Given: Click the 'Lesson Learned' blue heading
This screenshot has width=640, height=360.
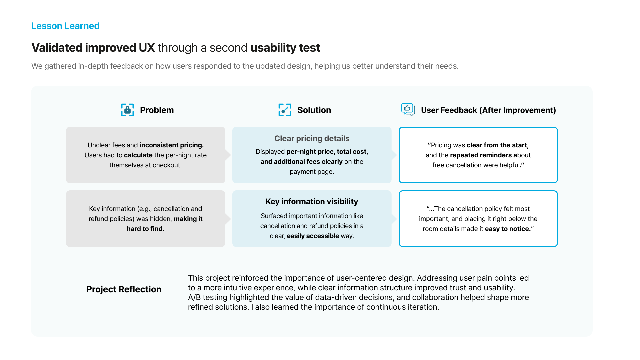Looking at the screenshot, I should [x=65, y=26].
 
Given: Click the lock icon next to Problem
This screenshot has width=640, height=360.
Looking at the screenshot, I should [x=127, y=110].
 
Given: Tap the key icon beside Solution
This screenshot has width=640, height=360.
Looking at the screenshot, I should [x=285, y=110].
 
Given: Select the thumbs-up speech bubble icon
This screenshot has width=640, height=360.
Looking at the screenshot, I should [x=408, y=109].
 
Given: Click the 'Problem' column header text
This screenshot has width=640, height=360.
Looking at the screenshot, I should [x=157, y=110].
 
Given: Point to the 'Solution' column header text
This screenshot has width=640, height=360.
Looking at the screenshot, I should [x=314, y=110].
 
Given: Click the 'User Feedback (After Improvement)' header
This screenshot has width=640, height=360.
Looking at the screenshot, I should [x=488, y=110].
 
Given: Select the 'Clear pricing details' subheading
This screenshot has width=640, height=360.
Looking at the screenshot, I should [x=312, y=138].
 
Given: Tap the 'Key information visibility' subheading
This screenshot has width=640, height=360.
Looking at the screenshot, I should [x=312, y=201].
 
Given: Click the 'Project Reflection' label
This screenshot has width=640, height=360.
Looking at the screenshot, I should [x=124, y=289].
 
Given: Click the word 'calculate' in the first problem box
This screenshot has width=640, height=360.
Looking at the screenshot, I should [x=138, y=155].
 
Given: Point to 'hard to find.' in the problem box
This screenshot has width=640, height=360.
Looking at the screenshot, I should [x=145, y=229].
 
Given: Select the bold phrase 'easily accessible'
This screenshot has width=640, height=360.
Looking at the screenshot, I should [x=313, y=236].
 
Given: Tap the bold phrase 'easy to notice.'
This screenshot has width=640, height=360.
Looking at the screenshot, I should [x=508, y=229].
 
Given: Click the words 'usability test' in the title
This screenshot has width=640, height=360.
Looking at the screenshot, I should [x=285, y=48].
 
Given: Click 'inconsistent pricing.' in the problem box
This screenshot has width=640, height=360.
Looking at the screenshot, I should [x=171, y=145].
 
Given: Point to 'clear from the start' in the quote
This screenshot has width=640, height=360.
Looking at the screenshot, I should [x=497, y=145].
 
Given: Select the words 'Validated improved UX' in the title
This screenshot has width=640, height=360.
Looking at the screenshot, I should [x=93, y=48].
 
